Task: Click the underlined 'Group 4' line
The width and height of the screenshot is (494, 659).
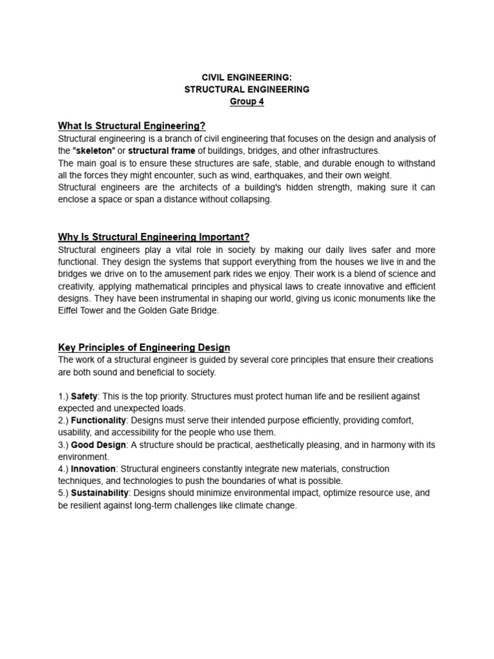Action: pos(247,102)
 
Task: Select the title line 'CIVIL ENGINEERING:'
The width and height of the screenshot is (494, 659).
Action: pos(247,77)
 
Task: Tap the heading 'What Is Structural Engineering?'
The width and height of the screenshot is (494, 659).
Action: pos(132,125)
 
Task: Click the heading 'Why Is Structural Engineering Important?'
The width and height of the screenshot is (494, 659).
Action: pos(154,237)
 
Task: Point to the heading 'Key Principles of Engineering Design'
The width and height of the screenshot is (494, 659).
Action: pos(144,348)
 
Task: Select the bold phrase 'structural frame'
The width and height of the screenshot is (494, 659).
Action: pos(161,151)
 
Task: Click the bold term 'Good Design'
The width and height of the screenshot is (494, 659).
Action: pos(98,445)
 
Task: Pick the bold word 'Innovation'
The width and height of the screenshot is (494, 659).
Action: pos(93,469)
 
